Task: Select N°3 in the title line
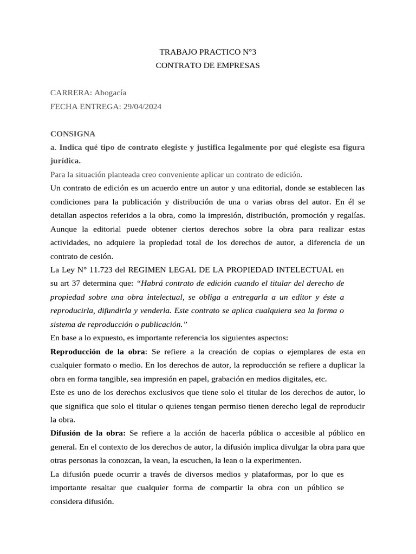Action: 247,52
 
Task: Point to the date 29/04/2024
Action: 142,107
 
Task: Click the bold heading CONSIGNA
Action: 73,134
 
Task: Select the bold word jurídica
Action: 64,161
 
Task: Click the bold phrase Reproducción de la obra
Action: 97,352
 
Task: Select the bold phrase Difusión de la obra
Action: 87,433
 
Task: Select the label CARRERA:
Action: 68,93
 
